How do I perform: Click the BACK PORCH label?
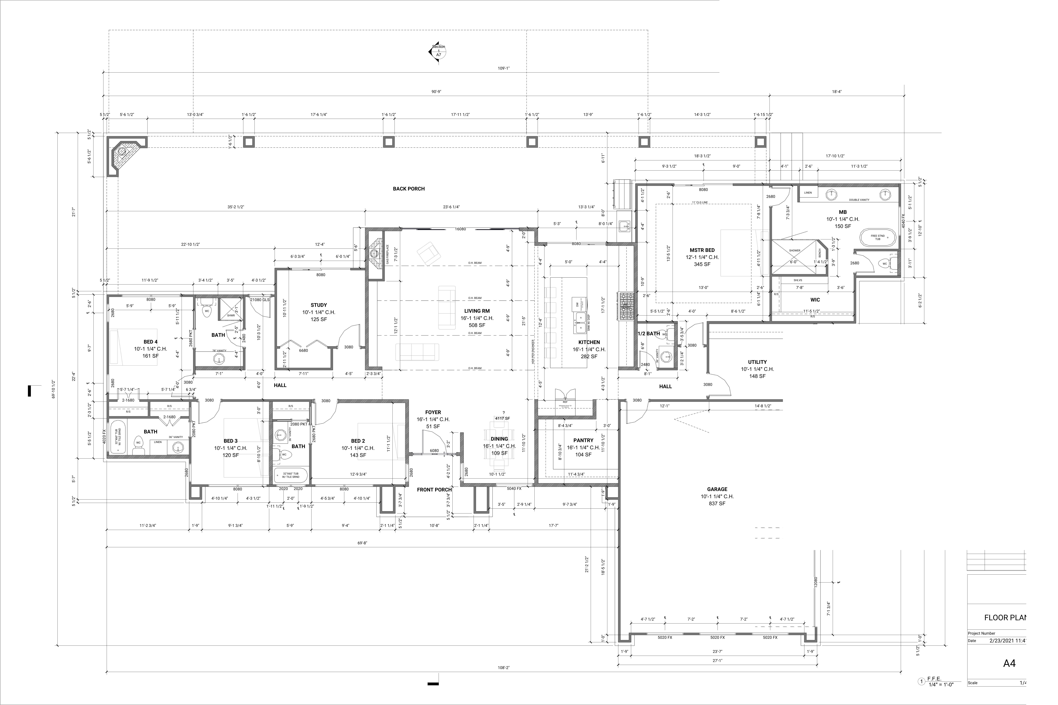pos(409,189)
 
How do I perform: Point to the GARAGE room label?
pos(717,489)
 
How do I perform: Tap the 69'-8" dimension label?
pos(362,543)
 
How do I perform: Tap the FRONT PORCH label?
pos(434,490)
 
